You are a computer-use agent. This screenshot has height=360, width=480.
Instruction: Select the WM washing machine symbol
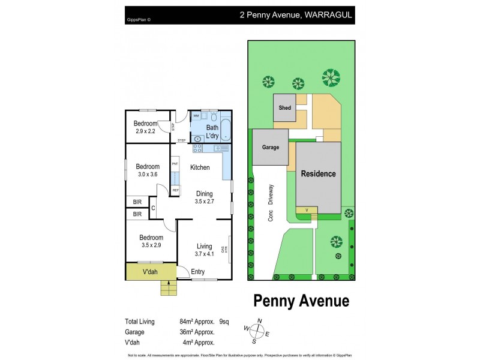(196, 115)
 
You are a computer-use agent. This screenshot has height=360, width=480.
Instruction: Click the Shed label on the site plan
(284, 108)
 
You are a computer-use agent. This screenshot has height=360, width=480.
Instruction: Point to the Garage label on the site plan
(270, 147)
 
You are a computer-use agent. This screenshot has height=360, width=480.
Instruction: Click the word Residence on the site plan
(318, 173)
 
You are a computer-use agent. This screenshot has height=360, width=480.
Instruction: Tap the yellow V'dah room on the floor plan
(151, 272)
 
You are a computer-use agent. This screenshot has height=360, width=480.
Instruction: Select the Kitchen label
(200, 167)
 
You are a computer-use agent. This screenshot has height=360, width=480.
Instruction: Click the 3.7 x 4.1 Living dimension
(205, 254)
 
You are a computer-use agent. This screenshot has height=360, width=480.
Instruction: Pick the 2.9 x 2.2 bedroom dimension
(145, 131)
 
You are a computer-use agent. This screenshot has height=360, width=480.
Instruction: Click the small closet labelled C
(152, 208)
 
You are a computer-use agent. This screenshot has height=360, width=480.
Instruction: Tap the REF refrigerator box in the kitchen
(175, 190)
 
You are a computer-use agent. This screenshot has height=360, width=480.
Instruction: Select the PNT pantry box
(175, 163)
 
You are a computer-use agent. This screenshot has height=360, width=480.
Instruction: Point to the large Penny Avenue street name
(301, 299)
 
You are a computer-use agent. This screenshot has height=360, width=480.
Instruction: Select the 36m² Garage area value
(188, 332)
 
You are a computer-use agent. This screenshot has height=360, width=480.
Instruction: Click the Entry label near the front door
(197, 272)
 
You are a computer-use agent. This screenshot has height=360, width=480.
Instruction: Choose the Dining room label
(205, 193)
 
